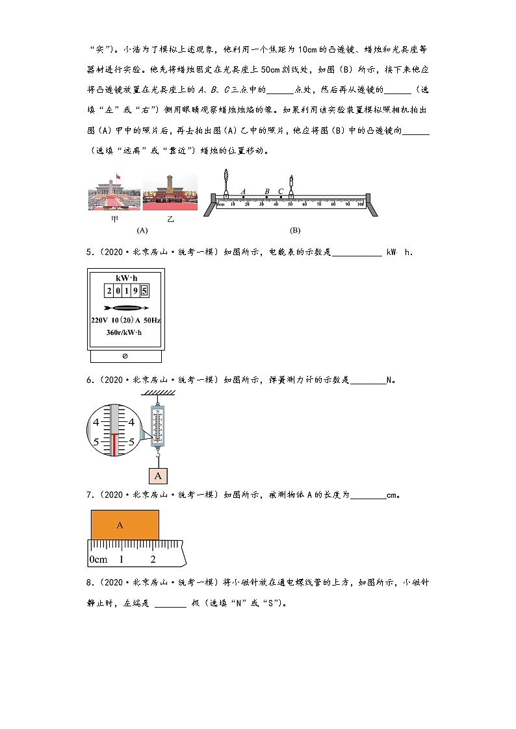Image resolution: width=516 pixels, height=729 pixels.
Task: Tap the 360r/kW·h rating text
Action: [123, 332]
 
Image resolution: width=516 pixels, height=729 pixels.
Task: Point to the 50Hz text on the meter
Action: [150, 321]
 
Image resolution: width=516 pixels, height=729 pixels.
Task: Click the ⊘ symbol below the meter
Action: [125, 356]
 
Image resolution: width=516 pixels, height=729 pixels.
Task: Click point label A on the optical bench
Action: [243, 192]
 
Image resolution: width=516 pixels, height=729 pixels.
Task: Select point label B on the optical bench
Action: [267, 192]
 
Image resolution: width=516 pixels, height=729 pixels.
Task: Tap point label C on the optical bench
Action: [281, 192]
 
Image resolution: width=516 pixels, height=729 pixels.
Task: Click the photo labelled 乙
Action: [170, 192]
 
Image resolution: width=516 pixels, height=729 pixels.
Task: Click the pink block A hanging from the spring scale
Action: [157, 476]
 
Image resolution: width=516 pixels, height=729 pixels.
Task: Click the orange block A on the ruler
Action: [125, 525]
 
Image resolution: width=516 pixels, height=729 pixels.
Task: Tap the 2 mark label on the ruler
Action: [153, 559]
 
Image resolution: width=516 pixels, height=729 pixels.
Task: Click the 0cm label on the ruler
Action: [98, 559]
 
